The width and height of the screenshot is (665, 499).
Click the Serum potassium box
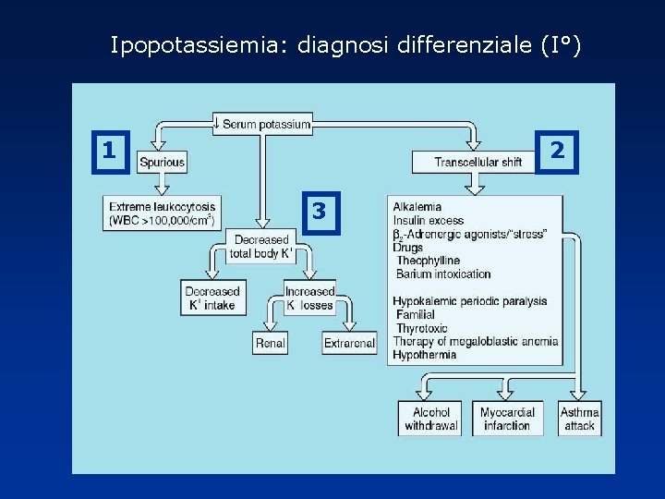click(263, 124)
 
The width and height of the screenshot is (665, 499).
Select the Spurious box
click(162, 162)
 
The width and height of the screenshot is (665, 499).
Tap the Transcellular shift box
click(478, 162)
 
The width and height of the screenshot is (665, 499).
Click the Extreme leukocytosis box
click(162, 213)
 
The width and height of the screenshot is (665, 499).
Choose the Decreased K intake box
click(211, 298)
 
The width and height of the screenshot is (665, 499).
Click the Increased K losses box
click(309, 298)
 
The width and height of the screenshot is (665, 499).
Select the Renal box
click(270, 343)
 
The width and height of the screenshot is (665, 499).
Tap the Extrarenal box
click(349, 343)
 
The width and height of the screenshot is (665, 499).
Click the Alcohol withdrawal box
click(431, 419)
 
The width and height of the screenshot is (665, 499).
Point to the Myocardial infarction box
click(506, 419)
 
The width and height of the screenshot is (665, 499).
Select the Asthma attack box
click(580, 419)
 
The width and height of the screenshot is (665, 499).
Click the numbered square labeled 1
click(109, 150)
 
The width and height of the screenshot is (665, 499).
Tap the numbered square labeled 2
click(556, 150)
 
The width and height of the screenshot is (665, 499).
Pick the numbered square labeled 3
click(319, 212)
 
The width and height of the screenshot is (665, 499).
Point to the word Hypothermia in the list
click(424, 355)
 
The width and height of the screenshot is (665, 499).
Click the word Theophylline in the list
click(428, 261)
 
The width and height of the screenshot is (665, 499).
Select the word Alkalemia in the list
click(417, 207)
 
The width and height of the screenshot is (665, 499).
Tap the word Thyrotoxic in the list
click(422, 328)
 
